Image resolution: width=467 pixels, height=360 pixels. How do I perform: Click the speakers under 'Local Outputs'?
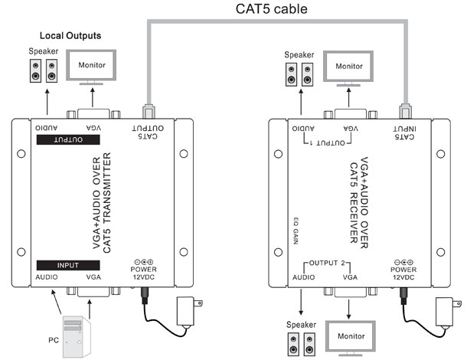(42, 72)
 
